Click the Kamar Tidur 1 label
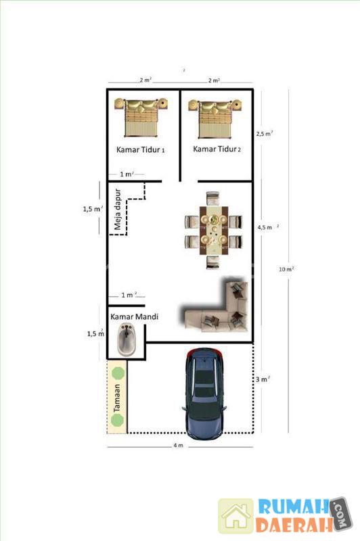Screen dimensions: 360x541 point(140,149)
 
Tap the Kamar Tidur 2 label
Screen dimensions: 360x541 point(217,149)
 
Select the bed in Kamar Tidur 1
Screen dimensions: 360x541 point(141,117)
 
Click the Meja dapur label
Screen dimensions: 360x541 point(117,209)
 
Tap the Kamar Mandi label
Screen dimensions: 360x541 point(134,316)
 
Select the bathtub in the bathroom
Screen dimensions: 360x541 point(127,339)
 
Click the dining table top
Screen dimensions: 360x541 point(214,231)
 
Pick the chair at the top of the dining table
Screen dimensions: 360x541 point(213,199)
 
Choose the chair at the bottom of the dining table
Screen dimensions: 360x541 point(213,262)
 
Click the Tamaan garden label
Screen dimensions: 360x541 point(117,398)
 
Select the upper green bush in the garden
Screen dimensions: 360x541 point(118,373)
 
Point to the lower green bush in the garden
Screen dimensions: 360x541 point(117,419)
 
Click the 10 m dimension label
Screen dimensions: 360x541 point(286,269)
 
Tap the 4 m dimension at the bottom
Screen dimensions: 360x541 point(178,446)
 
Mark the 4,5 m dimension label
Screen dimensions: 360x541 point(265,227)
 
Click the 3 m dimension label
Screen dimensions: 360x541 point(263,379)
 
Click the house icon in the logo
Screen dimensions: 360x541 point(236,515)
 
